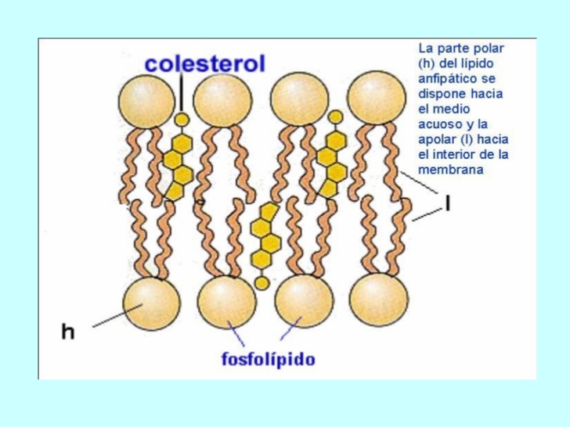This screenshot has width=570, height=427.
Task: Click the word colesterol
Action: (204, 63)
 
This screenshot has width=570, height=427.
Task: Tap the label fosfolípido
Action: (267, 360)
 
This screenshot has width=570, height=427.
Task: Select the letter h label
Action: (69, 332)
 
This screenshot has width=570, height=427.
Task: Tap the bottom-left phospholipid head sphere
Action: (151, 303)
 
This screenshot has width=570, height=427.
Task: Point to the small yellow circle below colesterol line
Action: (182, 119)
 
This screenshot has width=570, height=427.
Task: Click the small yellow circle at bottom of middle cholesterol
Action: (262, 283)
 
